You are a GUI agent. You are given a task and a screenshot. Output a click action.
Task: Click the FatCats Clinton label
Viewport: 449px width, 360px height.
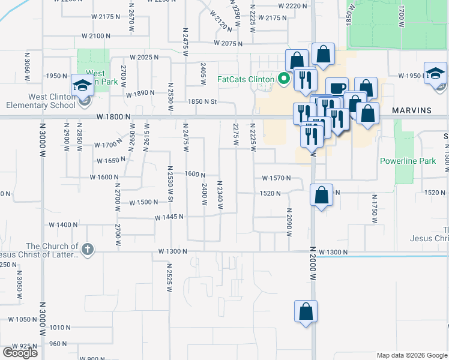(x=245, y=79)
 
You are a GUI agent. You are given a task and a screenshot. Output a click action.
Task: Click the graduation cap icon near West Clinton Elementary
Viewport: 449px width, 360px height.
(x=81, y=85)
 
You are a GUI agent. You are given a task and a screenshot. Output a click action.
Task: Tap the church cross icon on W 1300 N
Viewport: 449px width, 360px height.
(x=87, y=249)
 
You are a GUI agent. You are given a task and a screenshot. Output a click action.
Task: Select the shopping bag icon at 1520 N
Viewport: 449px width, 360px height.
(x=322, y=195)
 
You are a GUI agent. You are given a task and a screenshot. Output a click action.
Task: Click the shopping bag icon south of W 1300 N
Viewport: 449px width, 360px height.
(x=306, y=311)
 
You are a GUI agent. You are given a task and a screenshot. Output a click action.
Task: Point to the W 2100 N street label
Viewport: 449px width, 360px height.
(x=96, y=36)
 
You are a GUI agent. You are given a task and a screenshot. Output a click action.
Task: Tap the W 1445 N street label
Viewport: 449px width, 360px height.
(x=169, y=217)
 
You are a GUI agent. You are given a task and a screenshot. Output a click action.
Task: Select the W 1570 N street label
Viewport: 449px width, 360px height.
(x=276, y=178)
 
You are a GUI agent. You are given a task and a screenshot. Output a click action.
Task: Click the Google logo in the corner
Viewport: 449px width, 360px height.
(x=20, y=352)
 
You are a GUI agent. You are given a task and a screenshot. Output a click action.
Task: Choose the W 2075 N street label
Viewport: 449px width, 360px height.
(x=228, y=44)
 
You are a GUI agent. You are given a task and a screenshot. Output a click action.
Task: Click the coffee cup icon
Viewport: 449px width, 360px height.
(x=337, y=88)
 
